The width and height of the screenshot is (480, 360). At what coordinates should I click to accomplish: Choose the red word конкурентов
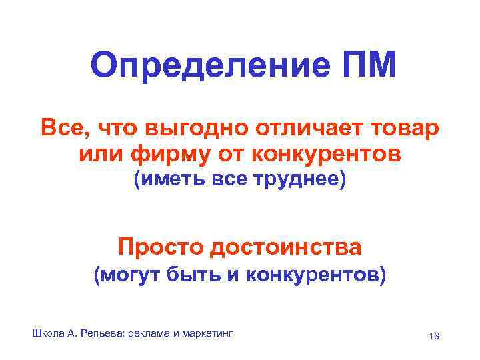(x=327, y=155)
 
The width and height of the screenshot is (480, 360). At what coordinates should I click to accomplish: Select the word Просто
(x=159, y=247)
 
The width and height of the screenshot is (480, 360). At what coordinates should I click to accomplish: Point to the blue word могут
(x=132, y=275)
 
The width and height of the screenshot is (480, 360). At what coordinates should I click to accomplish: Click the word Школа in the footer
(x=45, y=332)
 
